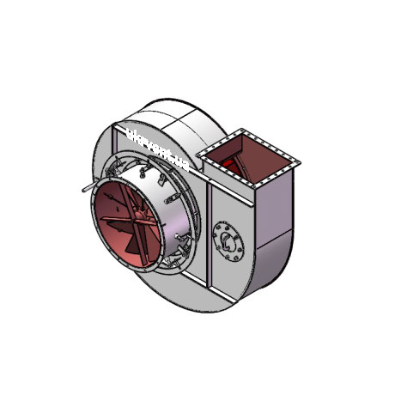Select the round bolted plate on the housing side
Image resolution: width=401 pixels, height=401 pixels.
[228, 238]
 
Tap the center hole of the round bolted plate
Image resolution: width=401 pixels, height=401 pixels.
[228, 238]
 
